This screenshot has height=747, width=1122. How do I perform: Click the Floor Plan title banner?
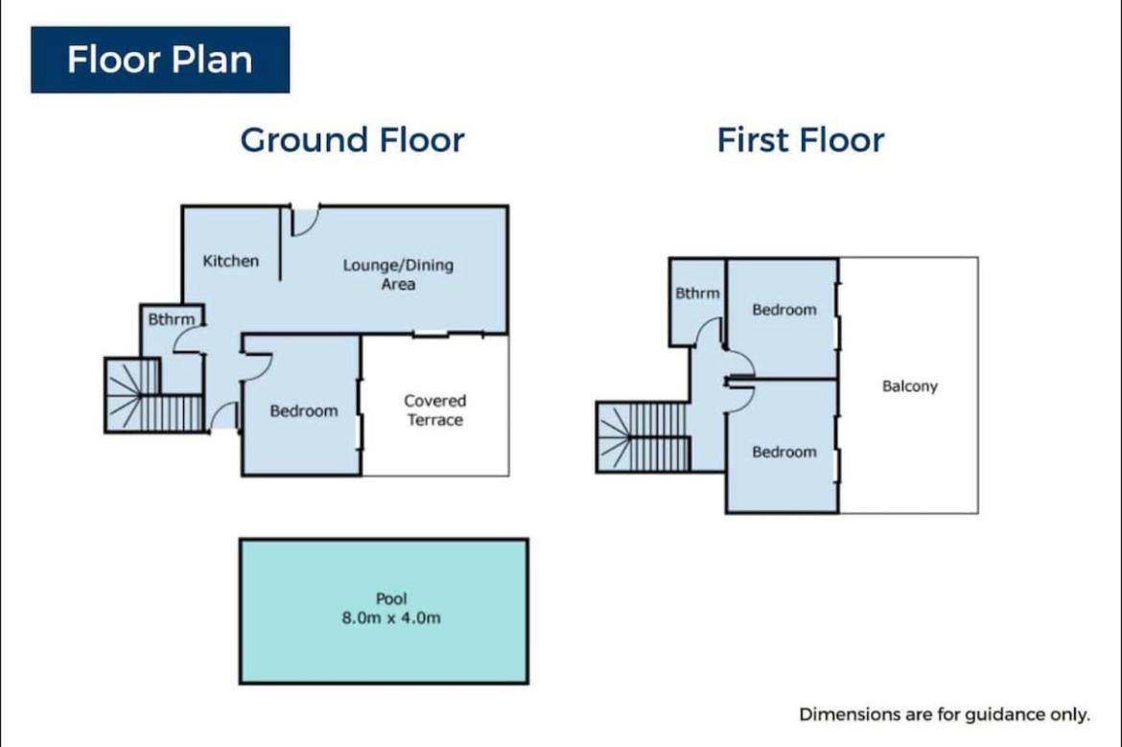(160, 59)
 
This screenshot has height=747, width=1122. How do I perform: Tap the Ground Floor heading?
(352, 140)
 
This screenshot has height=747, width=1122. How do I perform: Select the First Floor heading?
(801, 140)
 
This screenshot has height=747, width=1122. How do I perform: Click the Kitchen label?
(230, 261)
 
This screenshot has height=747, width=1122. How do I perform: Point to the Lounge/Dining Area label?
(398, 275)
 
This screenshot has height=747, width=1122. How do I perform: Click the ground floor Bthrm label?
(171, 319)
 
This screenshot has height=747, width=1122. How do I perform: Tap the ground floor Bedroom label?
(303, 411)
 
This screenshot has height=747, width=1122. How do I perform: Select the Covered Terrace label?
(435, 410)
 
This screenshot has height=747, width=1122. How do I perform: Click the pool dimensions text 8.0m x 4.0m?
(390, 619)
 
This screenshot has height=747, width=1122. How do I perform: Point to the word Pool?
(390, 599)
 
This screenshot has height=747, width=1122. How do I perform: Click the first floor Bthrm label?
(698, 293)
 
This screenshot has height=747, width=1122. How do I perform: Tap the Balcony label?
(909, 386)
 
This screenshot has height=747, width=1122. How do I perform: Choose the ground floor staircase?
(153, 395)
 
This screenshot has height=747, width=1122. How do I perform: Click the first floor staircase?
(643, 436)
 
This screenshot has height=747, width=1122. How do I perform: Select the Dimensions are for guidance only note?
(945, 714)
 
